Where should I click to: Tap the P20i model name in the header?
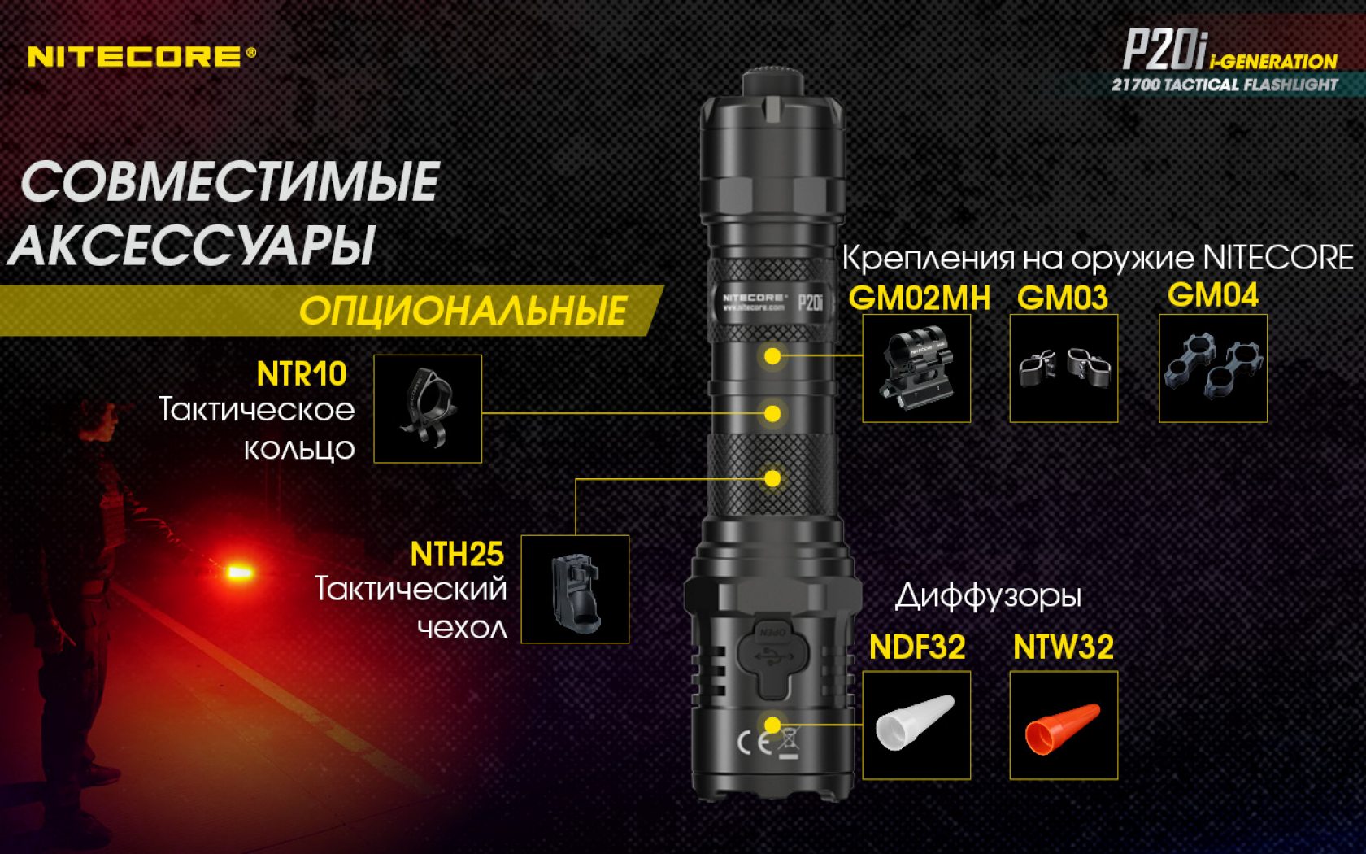pyautogui.click(x=1164, y=50)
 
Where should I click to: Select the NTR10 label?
pyautogui.click(x=301, y=374)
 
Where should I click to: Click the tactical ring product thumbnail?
pyautogui.click(x=428, y=408)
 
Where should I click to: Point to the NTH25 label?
pyautogui.click(x=457, y=555)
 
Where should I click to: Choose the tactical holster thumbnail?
pyautogui.click(x=575, y=589)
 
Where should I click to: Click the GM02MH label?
pyautogui.click(x=920, y=298)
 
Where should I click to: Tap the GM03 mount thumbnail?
pyautogui.click(x=1064, y=368)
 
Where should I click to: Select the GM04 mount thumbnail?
pyautogui.click(x=1213, y=368)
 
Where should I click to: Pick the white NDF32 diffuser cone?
pyautogui.click(x=915, y=721)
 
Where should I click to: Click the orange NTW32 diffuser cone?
pyautogui.click(x=1062, y=729)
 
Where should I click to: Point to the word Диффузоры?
pyautogui.click(x=989, y=597)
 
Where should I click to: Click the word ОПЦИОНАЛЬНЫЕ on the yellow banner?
pyautogui.click(x=463, y=311)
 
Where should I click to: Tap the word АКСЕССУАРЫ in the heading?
pyautogui.click(x=191, y=246)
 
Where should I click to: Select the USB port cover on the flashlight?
pyautogui.click(x=774, y=660)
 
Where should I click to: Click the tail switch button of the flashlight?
pyautogui.click(x=772, y=83)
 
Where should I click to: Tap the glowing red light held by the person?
pyautogui.click(x=239, y=572)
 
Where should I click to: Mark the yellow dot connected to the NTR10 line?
pyautogui.click(x=772, y=414)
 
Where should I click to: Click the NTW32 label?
pyautogui.click(x=1063, y=647)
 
